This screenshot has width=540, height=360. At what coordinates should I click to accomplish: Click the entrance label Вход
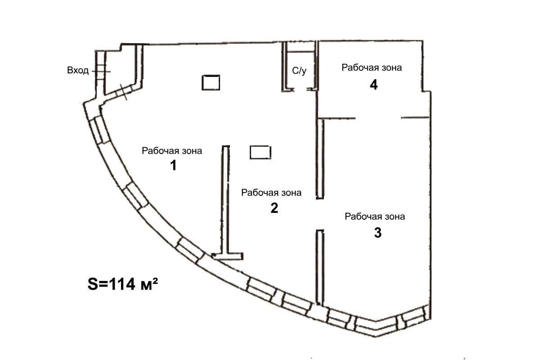[x=78, y=70]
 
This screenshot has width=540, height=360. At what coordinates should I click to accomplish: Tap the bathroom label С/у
[x=299, y=71]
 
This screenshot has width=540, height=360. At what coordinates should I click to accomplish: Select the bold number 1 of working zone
[x=173, y=166]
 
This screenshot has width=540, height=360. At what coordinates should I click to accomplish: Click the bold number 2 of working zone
[x=274, y=208]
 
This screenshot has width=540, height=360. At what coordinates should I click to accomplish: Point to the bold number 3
[x=378, y=233]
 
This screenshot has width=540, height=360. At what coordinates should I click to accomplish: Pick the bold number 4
[x=373, y=85]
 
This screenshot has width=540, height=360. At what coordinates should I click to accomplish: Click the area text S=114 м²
[x=123, y=284]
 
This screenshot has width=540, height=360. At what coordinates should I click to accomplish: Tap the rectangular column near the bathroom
[x=211, y=83]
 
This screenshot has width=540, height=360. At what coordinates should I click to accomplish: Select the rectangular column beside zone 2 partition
[x=261, y=153]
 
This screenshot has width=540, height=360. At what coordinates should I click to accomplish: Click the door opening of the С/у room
[x=301, y=90]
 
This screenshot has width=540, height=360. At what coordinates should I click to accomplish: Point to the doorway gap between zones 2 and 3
[x=320, y=214]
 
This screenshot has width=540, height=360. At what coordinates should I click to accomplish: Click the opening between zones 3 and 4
[x=378, y=118]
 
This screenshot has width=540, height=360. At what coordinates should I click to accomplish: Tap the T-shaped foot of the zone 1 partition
[x=227, y=256]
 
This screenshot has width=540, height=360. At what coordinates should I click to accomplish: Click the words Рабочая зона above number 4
[x=372, y=68]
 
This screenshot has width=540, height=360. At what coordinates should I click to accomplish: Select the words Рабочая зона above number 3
[x=374, y=216]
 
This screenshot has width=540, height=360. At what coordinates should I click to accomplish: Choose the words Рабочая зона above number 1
[x=172, y=151]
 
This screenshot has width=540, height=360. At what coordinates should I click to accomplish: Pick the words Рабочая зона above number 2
[x=271, y=193]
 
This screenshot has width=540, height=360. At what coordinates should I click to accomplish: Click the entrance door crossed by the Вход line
[x=101, y=72]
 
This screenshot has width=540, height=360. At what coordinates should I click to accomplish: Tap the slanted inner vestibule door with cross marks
[x=123, y=92]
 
